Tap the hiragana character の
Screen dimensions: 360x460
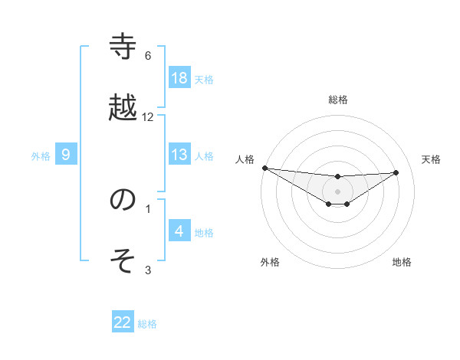[123, 200]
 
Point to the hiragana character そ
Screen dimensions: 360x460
[123, 260]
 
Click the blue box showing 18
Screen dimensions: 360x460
[179, 78]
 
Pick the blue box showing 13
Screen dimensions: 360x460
[179, 155]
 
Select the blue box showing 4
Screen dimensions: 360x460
[179, 231]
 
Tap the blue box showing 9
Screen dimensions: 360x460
[66, 155]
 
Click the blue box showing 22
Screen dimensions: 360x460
[123, 322]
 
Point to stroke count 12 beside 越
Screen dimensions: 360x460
[148, 117]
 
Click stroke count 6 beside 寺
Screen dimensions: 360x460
[148, 56]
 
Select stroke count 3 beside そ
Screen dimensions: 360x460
[148, 270]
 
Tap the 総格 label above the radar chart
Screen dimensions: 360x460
[338, 100]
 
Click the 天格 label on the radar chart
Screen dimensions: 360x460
[431, 159]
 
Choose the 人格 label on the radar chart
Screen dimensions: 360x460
[244, 159]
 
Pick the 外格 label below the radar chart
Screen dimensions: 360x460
[270, 262]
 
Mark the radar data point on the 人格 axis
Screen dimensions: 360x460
[264, 168]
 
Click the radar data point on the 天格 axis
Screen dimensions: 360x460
[396, 172]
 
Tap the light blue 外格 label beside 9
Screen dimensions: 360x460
[41, 155]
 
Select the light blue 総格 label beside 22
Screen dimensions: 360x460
[147, 324]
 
